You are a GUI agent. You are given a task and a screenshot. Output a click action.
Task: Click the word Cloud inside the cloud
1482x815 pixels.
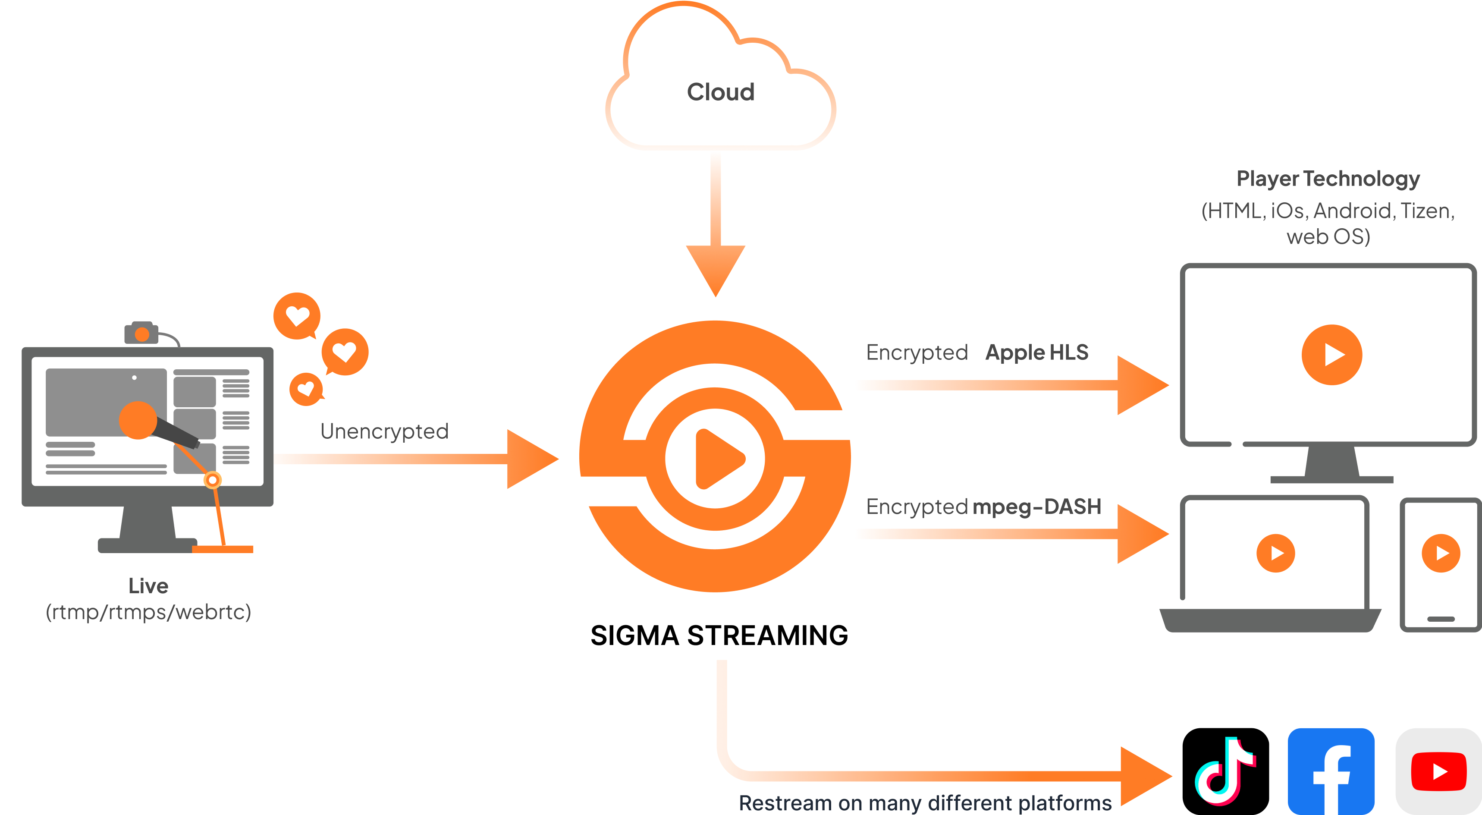[x=720, y=92]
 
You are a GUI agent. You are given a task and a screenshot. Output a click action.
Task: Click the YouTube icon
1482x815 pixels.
[x=1438, y=771]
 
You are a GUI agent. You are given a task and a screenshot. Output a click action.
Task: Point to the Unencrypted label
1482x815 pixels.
[x=384, y=431]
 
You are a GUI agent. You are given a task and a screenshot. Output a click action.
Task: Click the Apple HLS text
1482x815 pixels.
[x=1037, y=352]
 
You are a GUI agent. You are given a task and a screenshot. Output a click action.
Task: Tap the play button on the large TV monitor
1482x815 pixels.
[x=1332, y=355]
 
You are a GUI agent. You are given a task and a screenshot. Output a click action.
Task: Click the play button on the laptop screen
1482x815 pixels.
[x=1275, y=553]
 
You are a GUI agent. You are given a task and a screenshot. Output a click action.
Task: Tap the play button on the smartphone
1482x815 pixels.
[x=1441, y=553]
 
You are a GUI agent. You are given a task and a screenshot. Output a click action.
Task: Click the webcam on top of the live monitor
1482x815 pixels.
[x=141, y=333]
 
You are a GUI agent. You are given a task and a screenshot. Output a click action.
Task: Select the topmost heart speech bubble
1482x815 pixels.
[x=297, y=315]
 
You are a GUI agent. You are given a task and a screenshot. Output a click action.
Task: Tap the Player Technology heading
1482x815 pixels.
[x=1328, y=179]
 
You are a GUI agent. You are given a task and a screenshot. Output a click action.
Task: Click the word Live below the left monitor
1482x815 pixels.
[x=148, y=586]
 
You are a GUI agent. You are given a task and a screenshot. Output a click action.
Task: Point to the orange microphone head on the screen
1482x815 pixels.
[x=138, y=420]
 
